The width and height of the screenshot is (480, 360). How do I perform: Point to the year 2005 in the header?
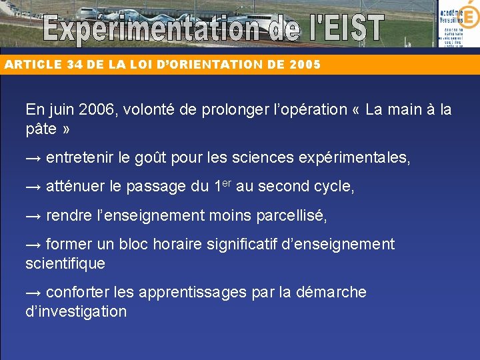click(305, 65)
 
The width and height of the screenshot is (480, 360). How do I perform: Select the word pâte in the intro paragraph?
click(41, 129)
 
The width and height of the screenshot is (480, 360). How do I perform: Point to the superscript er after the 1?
click(227, 183)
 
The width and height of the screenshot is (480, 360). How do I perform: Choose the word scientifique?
click(65, 263)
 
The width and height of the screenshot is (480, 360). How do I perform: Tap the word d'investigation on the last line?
click(76, 311)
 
